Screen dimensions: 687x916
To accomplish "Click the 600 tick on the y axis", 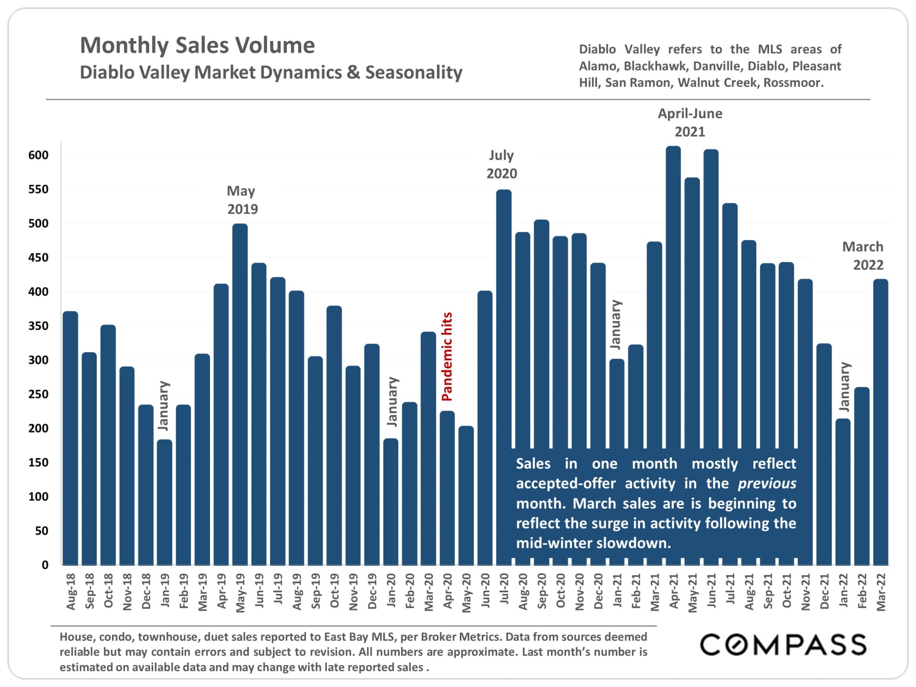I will [39, 155].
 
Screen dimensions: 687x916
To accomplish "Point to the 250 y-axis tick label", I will [39, 395].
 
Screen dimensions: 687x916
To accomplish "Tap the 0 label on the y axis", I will [45, 565].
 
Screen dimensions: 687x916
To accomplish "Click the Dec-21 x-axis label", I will [824, 592].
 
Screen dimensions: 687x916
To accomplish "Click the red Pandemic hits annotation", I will [447, 356].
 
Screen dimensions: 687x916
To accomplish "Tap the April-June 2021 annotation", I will [690, 123].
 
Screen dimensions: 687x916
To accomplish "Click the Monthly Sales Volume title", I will [197, 46].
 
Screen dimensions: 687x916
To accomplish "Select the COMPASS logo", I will [783, 645].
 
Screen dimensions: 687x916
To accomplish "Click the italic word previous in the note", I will [767, 484].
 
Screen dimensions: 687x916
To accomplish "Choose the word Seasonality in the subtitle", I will [414, 73].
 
